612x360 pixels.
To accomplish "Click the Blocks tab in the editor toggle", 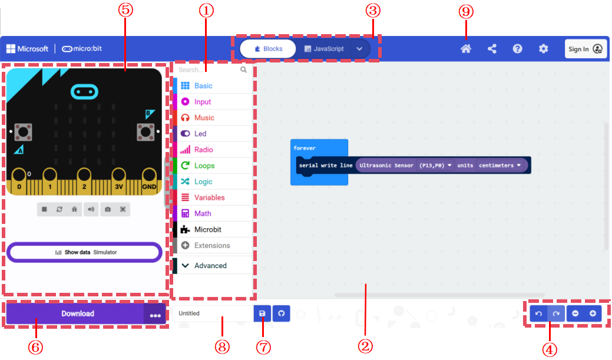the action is (268, 49).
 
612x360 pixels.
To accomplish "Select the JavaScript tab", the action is (324, 49).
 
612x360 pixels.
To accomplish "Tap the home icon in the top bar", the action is (466, 49).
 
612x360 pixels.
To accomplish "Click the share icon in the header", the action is (492, 49).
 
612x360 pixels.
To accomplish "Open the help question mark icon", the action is (517, 49).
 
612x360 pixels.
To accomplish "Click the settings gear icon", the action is (543, 49).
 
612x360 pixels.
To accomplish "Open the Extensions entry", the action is (213, 246).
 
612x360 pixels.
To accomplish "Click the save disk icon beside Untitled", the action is (262, 313).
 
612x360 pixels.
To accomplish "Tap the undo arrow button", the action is (538, 313).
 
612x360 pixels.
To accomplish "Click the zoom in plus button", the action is (593, 313).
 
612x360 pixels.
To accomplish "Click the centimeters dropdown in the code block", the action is (500, 166).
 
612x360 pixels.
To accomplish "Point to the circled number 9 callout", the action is (466, 11).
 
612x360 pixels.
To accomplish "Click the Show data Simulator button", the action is (84, 252).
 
